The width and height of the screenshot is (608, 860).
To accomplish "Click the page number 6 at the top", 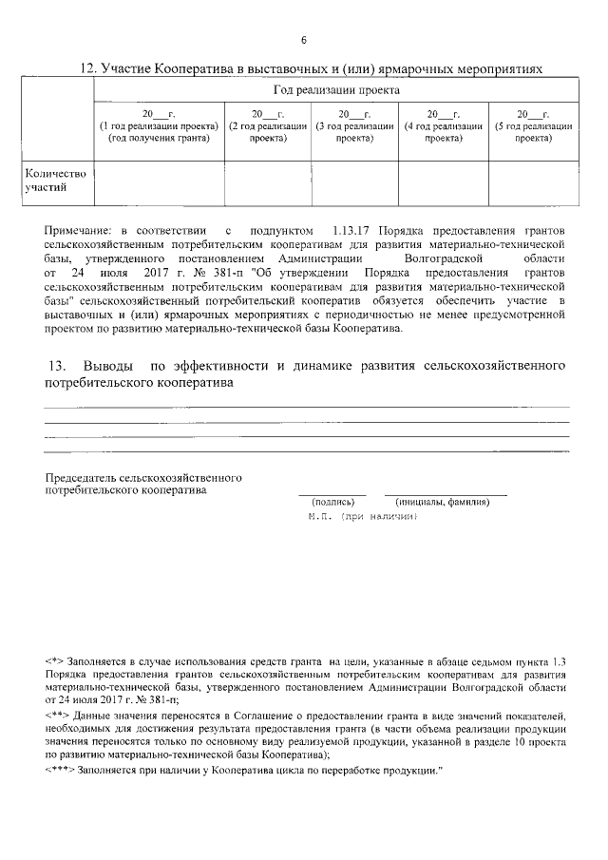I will [303, 40].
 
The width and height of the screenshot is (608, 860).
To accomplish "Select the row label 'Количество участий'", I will [55, 181].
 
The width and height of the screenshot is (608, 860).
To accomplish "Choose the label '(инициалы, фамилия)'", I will [444, 501].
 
